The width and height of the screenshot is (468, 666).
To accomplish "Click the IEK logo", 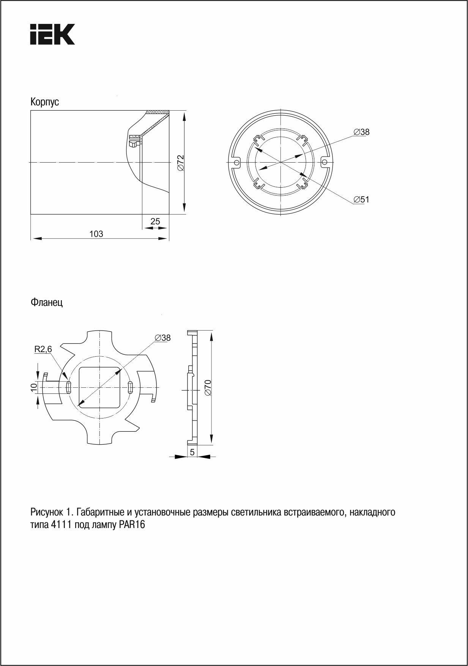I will [x=52, y=34].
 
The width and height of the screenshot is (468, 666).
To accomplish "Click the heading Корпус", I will [x=45, y=102].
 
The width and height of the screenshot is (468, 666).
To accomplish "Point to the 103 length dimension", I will [x=96, y=234].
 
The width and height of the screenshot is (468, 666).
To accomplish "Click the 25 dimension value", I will [x=155, y=221].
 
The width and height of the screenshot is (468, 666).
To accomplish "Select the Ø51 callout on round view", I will [x=361, y=199].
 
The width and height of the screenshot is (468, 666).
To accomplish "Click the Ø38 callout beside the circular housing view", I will [x=361, y=132].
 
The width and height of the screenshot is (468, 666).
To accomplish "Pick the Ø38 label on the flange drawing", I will [x=163, y=337].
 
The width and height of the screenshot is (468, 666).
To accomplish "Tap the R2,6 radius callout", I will [x=43, y=349].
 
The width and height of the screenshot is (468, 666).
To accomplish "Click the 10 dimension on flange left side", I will [x=33, y=387].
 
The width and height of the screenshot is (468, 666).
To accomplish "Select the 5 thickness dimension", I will [x=192, y=452].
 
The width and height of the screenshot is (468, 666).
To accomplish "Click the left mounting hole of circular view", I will [x=236, y=162].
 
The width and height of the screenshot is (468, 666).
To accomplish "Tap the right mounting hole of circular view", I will [x=324, y=162].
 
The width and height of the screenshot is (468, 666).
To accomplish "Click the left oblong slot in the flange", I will [x=69, y=387].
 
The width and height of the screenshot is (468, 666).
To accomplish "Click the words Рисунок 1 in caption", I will [x=51, y=512].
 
